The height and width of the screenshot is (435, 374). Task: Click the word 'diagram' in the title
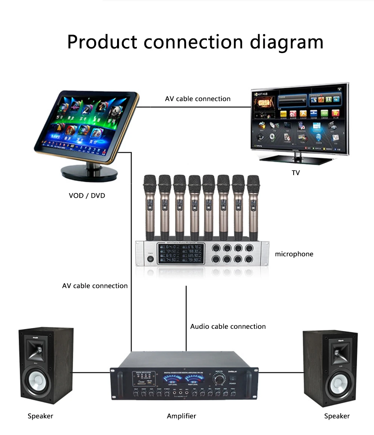point(286,42)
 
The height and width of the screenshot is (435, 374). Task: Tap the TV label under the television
point(296,173)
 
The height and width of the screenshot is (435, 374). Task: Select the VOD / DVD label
point(87,195)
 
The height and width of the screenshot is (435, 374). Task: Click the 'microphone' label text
point(294,254)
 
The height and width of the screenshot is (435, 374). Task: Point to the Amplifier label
point(181,416)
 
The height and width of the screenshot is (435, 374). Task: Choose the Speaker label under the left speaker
point(40,416)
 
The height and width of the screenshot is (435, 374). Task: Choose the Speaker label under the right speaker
point(337,416)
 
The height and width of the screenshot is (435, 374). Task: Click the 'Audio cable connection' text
point(228,327)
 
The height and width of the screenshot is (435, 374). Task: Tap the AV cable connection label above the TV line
point(197,99)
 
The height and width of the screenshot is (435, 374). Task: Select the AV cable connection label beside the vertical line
point(95,286)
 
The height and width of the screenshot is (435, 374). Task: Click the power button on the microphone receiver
point(151,258)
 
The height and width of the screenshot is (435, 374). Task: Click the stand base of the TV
point(296,159)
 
